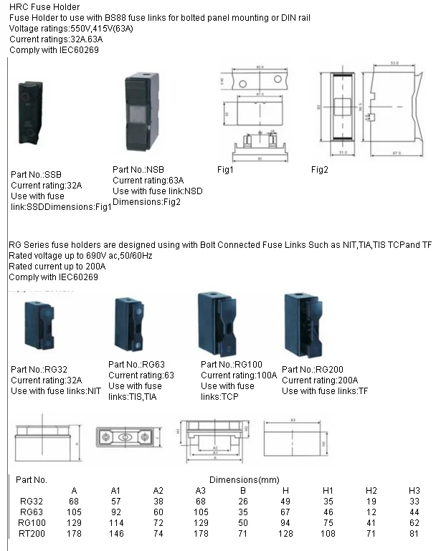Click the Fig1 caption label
226,170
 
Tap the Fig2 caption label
320,170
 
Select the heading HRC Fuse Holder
39,6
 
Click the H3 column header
414,490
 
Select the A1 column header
115,490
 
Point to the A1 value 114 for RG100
115,524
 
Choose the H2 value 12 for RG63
371,512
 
